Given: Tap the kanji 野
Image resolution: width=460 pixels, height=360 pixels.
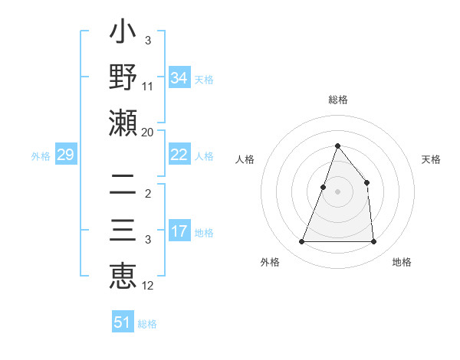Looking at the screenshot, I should pyautogui.click(x=123, y=77).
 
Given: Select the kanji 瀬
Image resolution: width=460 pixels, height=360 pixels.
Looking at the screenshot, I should pyautogui.click(x=123, y=122).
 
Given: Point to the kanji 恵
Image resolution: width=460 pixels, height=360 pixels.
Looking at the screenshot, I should pyautogui.click(x=123, y=273).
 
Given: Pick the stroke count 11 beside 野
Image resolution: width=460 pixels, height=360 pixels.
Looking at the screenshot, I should pyautogui.click(x=148, y=87).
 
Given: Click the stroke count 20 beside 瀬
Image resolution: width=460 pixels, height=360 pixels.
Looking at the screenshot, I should pyautogui.click(x=148, y=133).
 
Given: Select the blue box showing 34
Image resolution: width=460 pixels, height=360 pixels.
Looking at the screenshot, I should pyautogui.click(x=179, y=78).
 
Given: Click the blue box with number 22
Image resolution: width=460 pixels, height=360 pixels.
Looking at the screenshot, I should pyautogui.click(x=179, y=155).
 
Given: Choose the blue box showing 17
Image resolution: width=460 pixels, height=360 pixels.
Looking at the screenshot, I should pyautogui.click(x=179, y=231).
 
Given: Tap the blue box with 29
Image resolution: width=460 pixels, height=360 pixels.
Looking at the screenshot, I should pyautogui.click(x=65, y=155).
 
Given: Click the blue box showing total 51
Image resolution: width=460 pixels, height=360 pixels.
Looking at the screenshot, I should pyautogui.click(x=122, y=322).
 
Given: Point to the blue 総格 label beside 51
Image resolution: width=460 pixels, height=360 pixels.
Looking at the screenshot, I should pyautogui.click(x=147, y=324).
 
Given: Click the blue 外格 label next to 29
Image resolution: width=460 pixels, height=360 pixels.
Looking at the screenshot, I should pyautogui.click(x=41, y=156).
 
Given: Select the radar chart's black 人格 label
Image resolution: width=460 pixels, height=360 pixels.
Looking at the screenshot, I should pyautogui.click(x=245, y=159).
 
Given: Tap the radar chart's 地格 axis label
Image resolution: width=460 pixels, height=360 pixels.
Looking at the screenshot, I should pyautogui.click(x=402, y=262).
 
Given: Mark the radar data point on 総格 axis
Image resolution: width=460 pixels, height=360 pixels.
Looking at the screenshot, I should pyautogui.click(x=337, y=146).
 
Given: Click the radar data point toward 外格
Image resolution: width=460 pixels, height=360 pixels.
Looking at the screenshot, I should pyautogui.click(x=301, y=242).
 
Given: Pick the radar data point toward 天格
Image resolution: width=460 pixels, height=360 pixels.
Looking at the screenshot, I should pyautogui.click(x=366, y=182).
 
